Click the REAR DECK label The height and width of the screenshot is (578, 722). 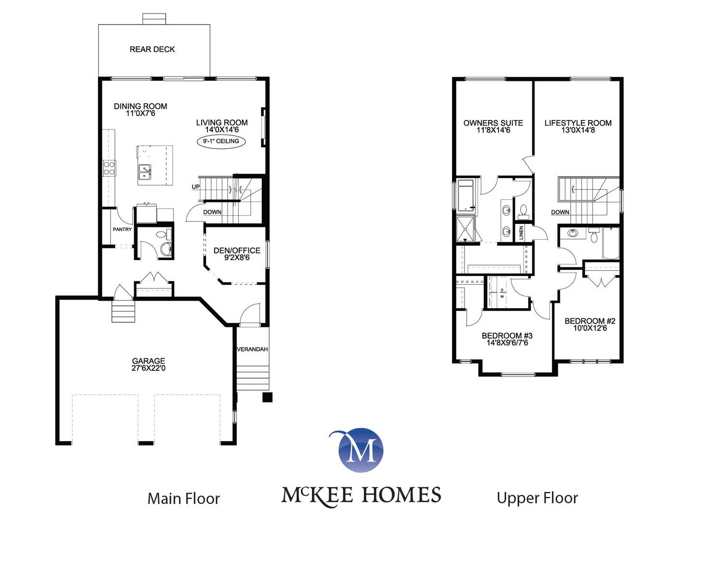pos(152,49)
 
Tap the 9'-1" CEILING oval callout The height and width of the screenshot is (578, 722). pos(221,141)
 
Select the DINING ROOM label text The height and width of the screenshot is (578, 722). pos(140,106)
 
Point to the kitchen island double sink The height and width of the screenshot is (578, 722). pos(144,172)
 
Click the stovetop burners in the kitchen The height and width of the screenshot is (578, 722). pos(109,168)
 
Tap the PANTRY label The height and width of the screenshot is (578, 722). pos(122,229)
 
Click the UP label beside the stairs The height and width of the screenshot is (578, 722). pos(195,187)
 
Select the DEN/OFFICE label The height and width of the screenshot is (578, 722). pos(237,250)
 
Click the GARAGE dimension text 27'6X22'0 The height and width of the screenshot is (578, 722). pos(148,368)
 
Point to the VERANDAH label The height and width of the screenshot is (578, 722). pos(252,349)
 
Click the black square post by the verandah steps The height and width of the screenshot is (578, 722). pos(267,397)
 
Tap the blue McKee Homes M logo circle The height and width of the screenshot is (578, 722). pos(361,450)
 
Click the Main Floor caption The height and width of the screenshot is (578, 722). pos(183,499)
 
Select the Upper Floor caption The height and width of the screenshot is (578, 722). pos(537,499)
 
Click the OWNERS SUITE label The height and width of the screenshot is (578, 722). pos(493,123)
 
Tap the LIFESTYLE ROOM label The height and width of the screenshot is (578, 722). pos(578,123)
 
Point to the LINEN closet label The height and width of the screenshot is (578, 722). pos(521,233)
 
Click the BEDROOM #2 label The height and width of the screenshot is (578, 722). pos(590,321)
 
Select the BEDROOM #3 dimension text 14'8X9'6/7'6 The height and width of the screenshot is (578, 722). pos(507,343)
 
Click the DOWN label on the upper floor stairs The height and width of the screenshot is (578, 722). pos(560,212)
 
